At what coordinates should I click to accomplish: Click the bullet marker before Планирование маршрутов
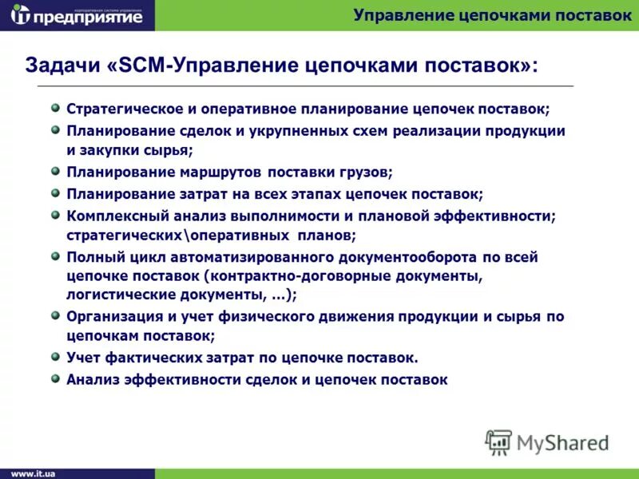pos(55,171)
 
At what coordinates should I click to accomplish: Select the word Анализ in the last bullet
pos(90,380)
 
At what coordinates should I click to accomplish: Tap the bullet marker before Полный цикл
pos(55,257)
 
